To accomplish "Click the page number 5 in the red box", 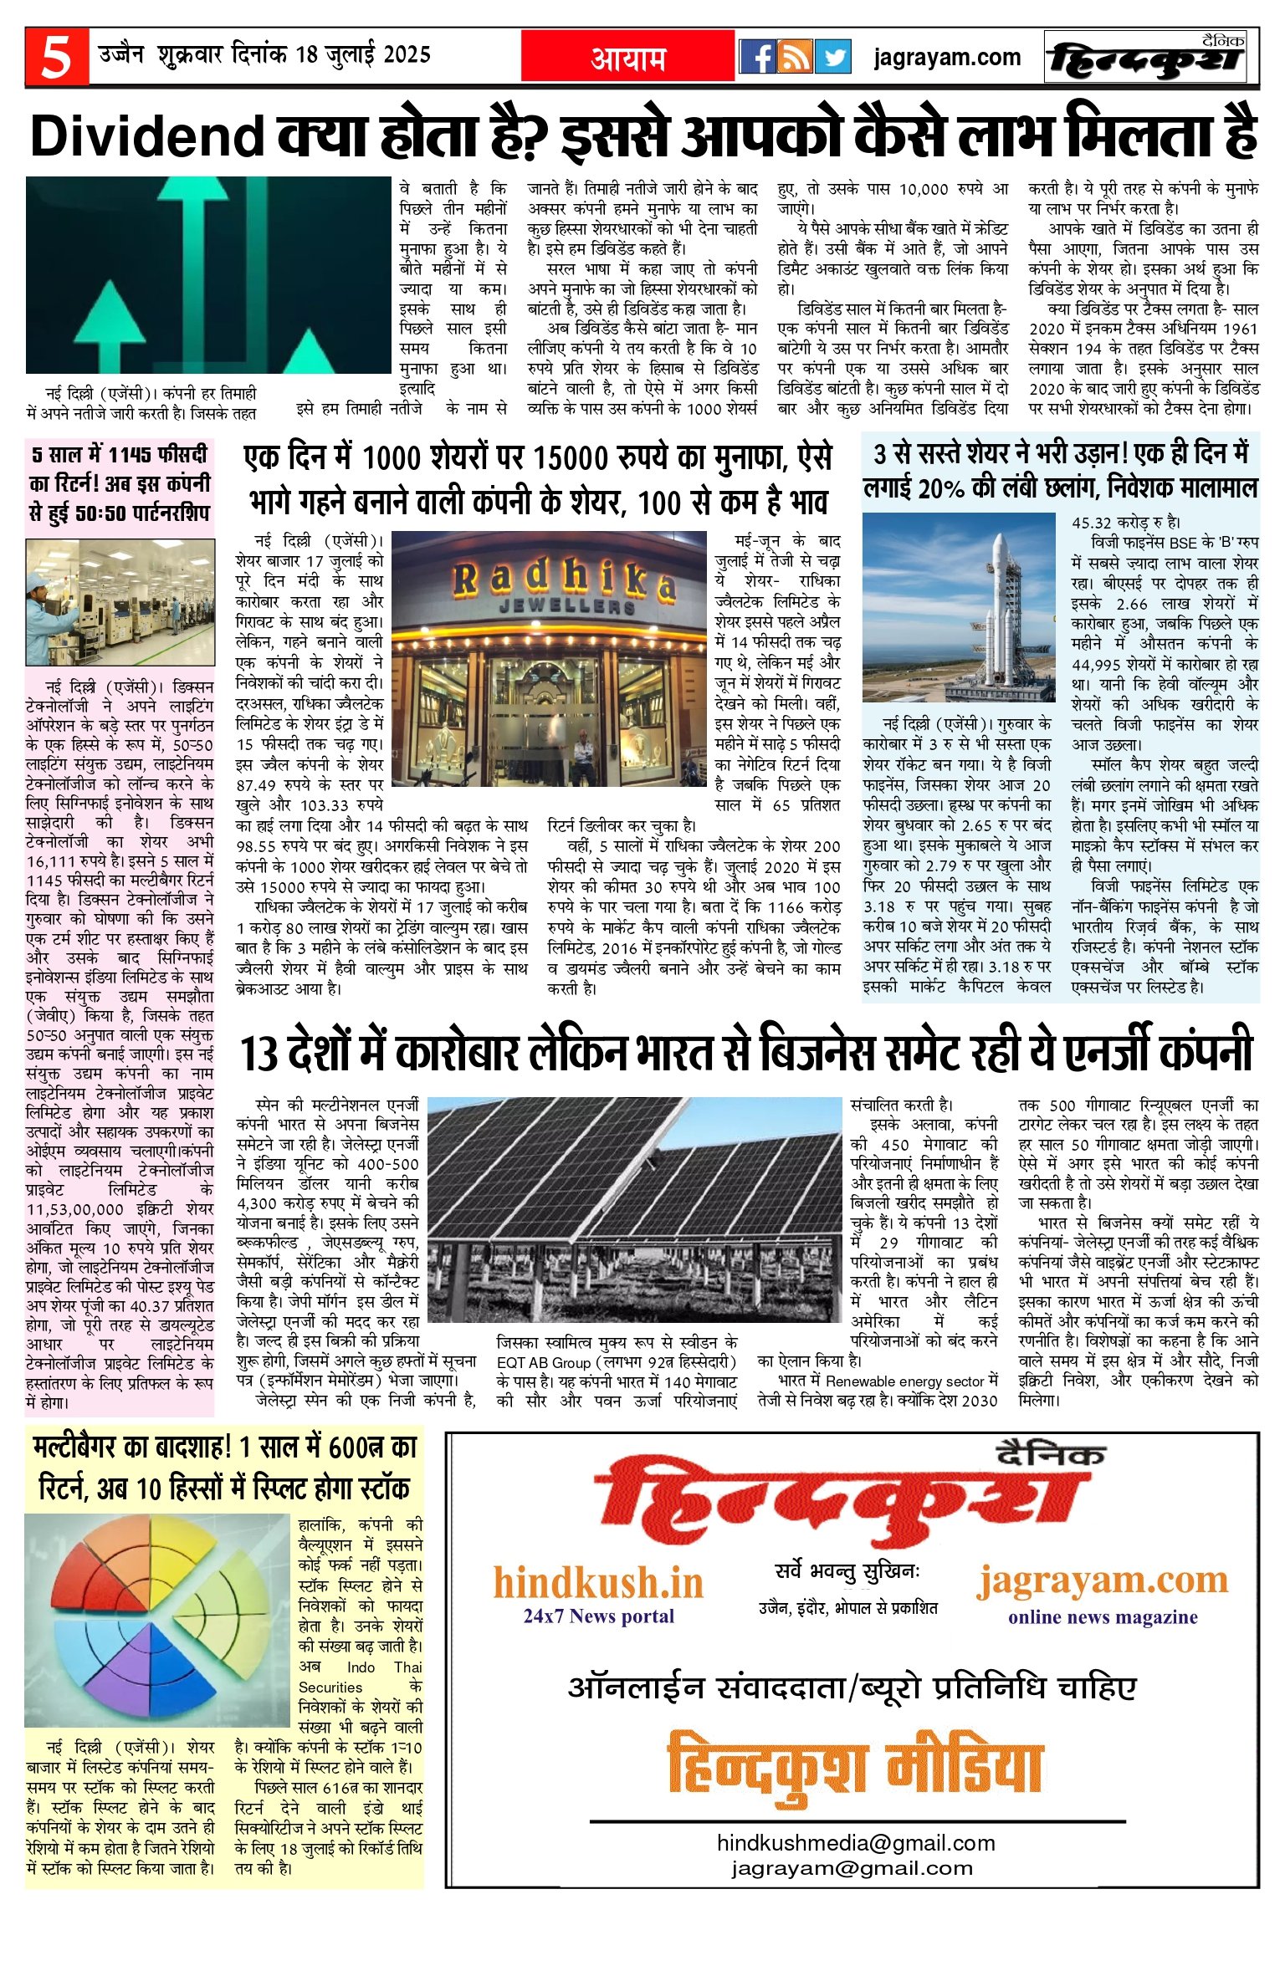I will [x=56, y=57].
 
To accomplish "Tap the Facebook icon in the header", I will [x=758, y=57].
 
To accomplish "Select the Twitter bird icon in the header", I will [x=833, y=57].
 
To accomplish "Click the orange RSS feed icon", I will [x=796, y=57].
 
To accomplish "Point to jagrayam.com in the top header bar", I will [x=947, y=57].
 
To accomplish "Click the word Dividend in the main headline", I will [x=147, y=136].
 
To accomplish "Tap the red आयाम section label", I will [x=628, y=58].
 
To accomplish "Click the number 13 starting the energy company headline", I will [x=259, y=1053].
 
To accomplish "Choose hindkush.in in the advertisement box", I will [x=598, y=1582].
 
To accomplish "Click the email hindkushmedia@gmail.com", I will [x=856, y=1843].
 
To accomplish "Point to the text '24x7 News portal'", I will [x=598, y=1616].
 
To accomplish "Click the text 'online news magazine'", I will [x=1103, y=1616].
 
